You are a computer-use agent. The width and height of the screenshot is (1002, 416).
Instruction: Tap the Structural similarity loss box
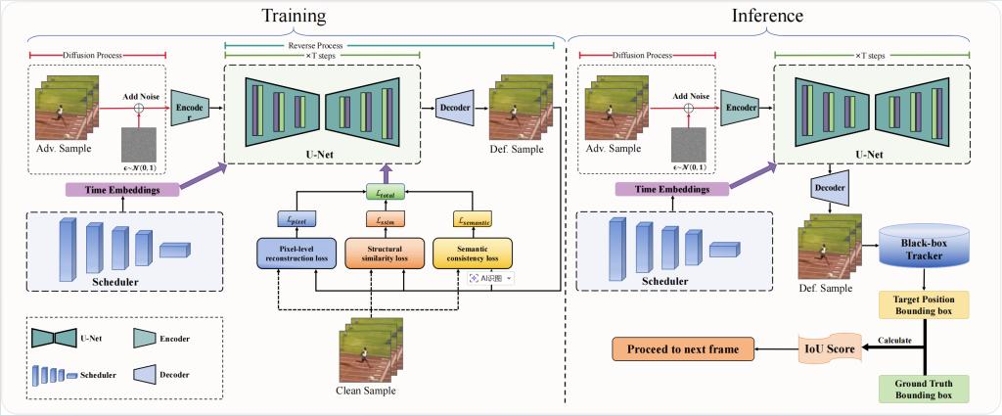tap(383, 253)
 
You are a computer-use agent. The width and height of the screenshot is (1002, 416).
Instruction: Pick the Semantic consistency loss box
tap(474, 253)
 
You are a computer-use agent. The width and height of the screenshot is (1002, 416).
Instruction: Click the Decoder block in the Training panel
tap(453, 107)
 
